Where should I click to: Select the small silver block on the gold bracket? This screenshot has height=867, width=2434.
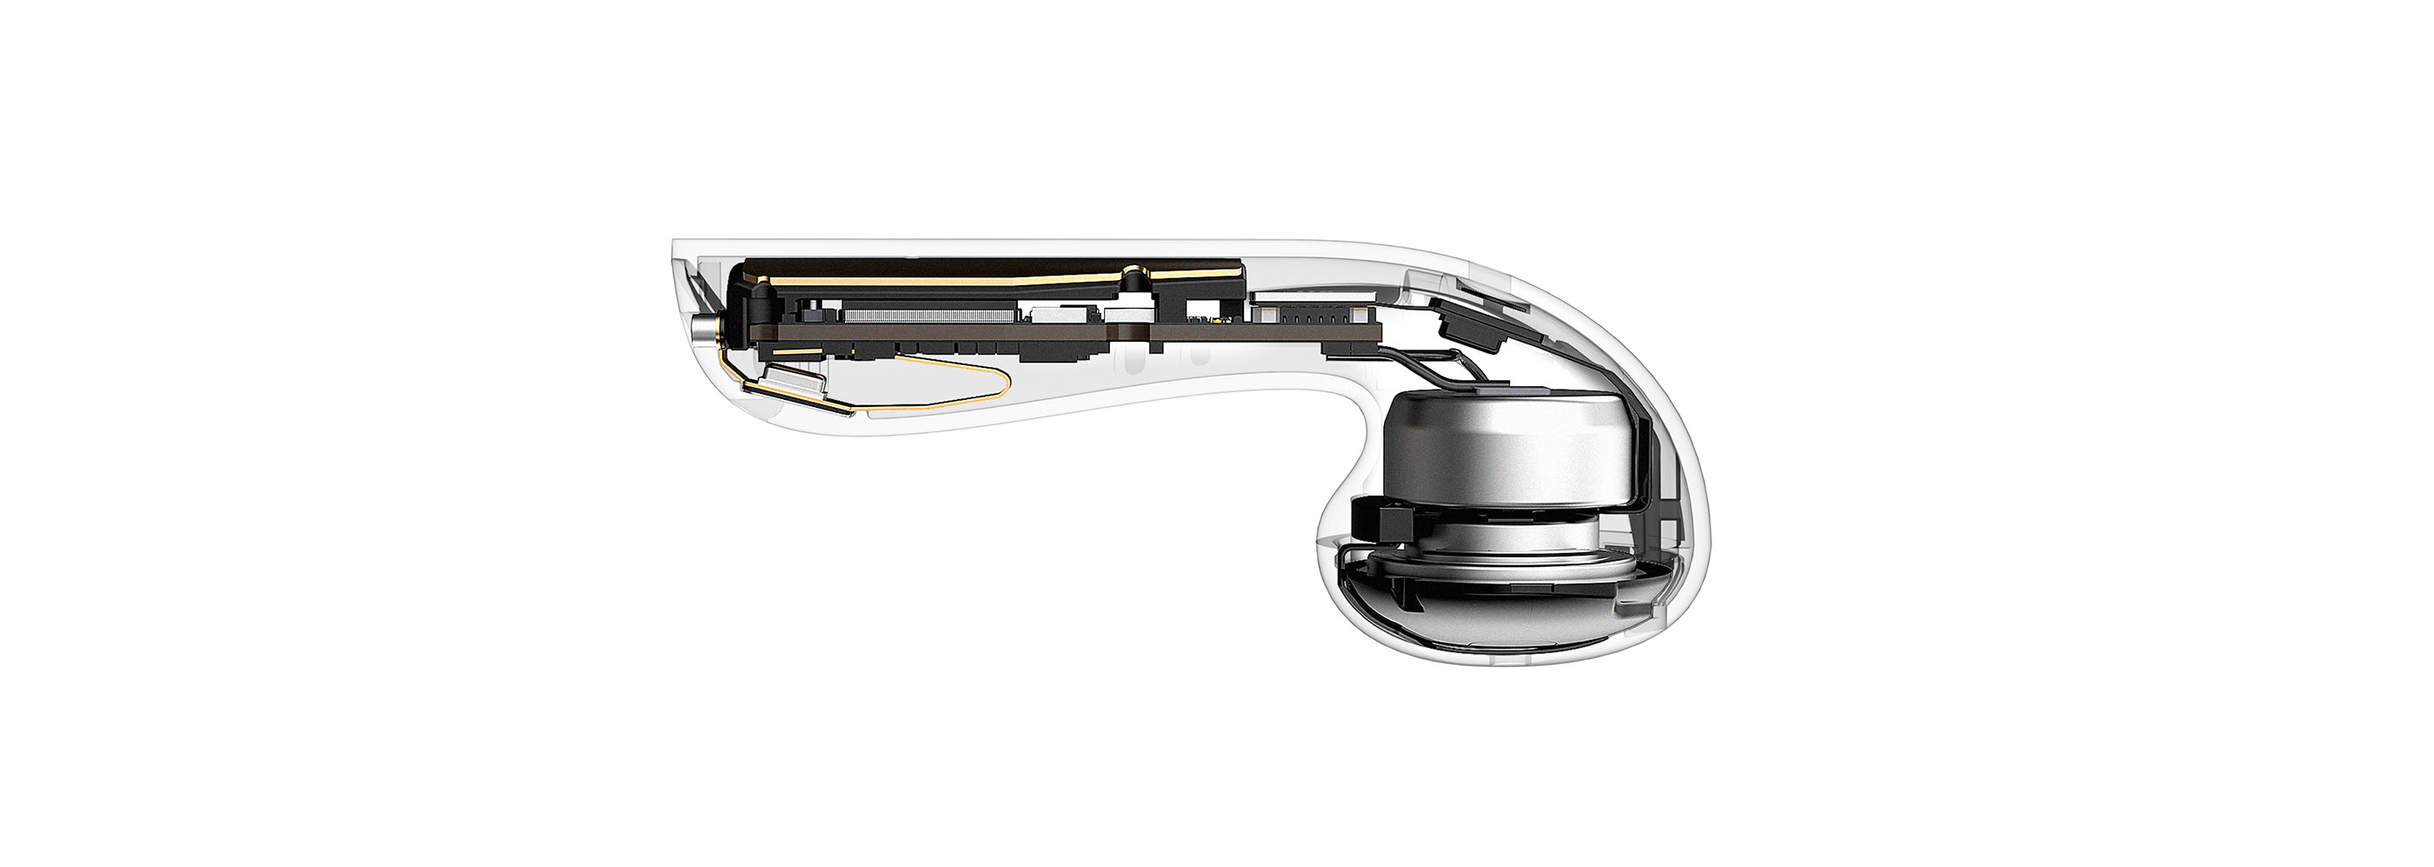(x=795, y=382)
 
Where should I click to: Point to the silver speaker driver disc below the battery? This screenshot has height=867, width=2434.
(x=1502, y=557)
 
